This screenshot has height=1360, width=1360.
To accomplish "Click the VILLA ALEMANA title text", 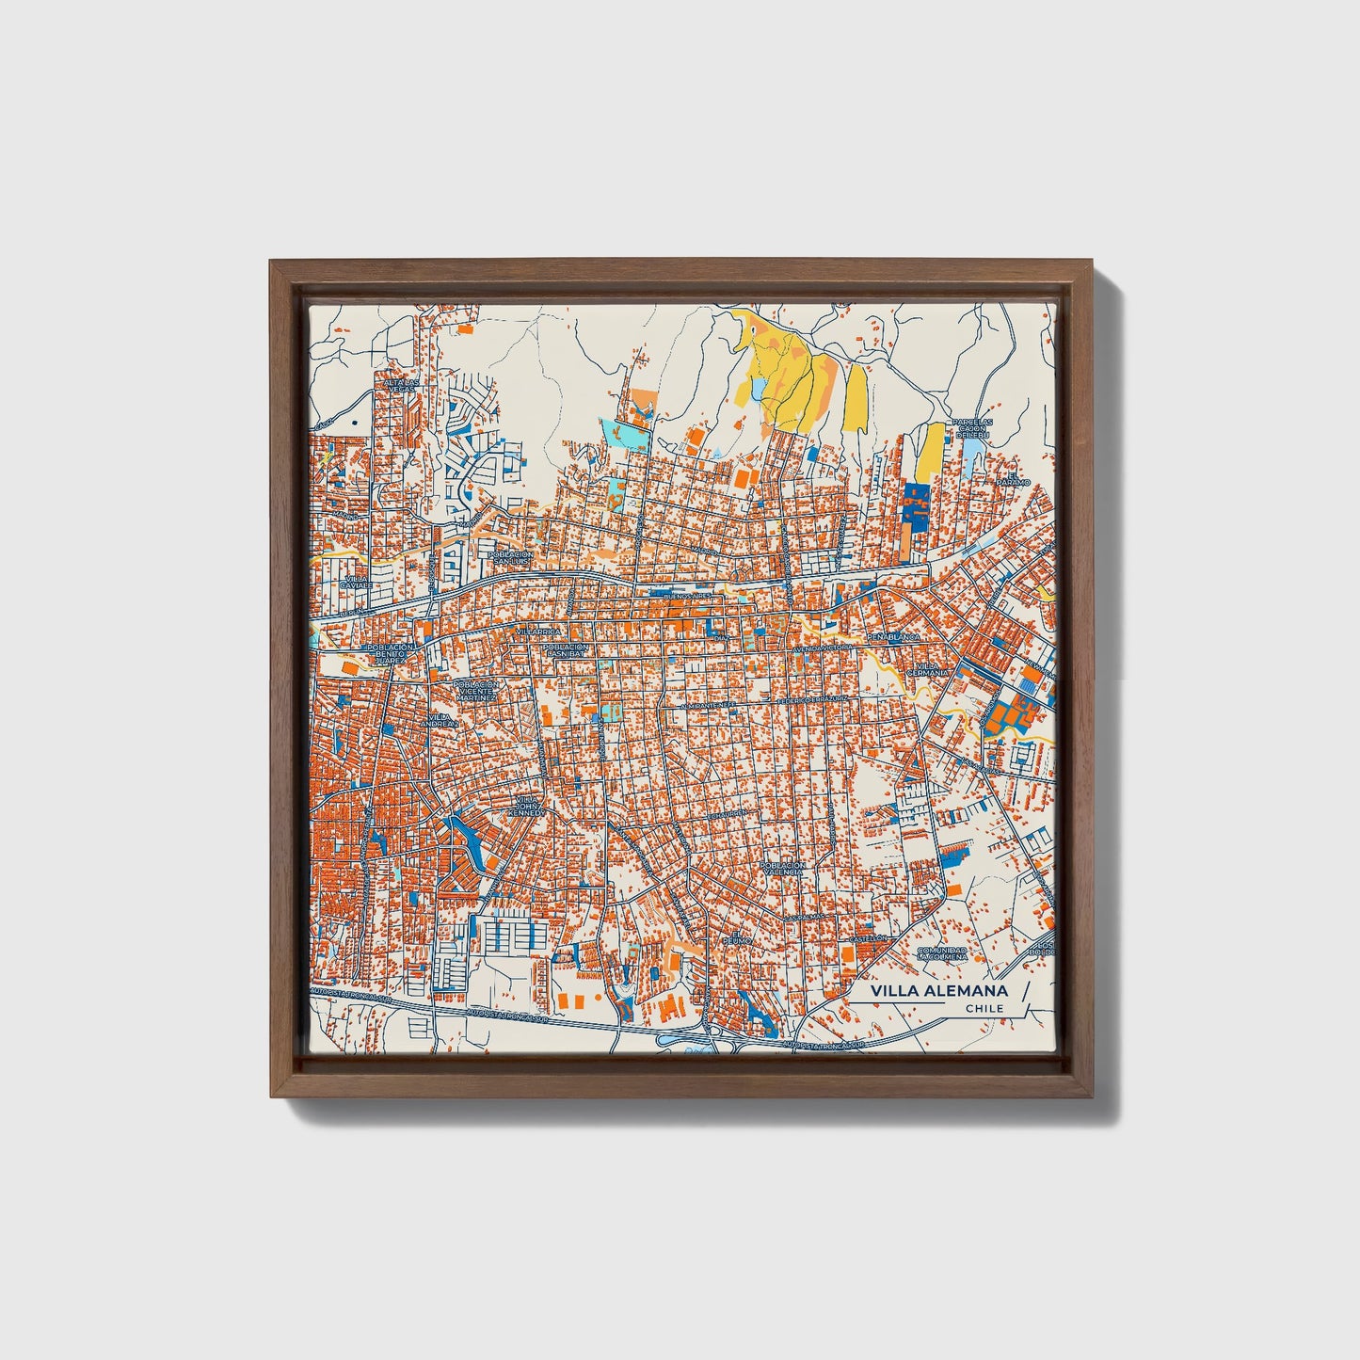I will pos(938,991).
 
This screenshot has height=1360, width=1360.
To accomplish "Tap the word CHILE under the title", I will pos(984,1009).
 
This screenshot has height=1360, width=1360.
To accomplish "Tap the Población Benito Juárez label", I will pos(390,654).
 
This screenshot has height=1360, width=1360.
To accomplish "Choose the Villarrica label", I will pos(536,632).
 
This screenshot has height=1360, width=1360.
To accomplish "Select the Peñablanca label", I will pos(893,637).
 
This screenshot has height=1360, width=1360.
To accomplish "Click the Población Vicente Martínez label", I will pos(474,691).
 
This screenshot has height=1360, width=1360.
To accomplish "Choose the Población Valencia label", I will pos(782,868).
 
